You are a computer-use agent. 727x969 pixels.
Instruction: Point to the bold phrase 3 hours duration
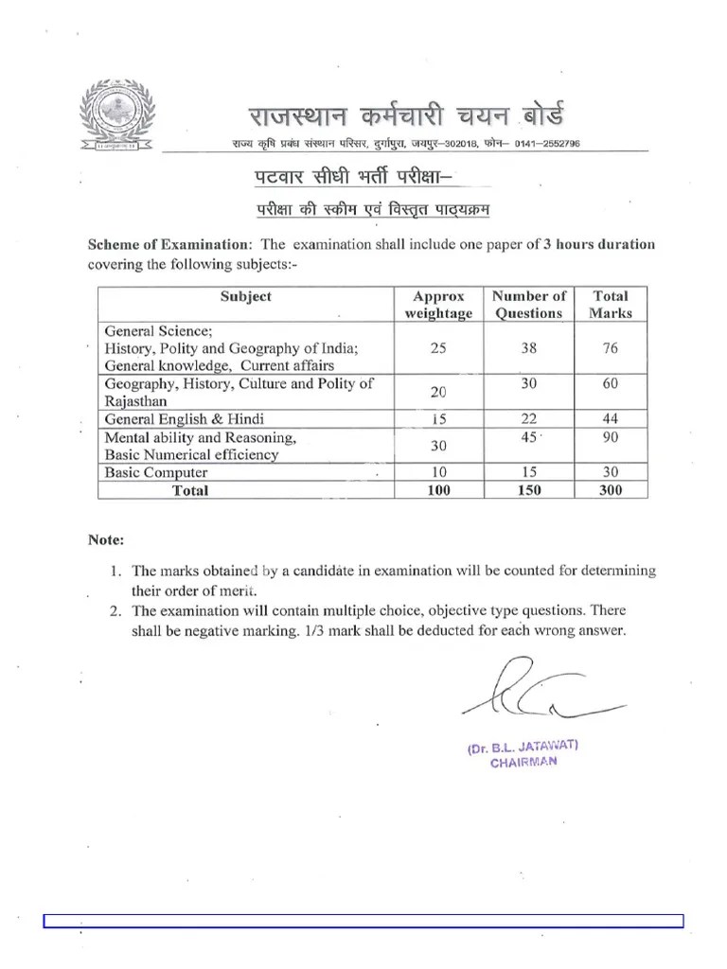598,244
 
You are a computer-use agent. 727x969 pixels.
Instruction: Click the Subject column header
245,296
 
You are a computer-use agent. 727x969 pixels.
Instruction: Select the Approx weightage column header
437,305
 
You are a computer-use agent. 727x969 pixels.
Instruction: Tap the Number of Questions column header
528,305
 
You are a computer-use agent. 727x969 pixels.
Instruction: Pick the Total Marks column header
610,305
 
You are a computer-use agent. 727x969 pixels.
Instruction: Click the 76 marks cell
610,348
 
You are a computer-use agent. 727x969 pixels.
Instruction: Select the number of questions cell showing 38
528,348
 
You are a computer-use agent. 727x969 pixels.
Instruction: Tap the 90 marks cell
610,436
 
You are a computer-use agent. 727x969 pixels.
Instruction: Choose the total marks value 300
610,490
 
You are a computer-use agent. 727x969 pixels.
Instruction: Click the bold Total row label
190,490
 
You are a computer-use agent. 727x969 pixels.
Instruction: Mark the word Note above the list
105,540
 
